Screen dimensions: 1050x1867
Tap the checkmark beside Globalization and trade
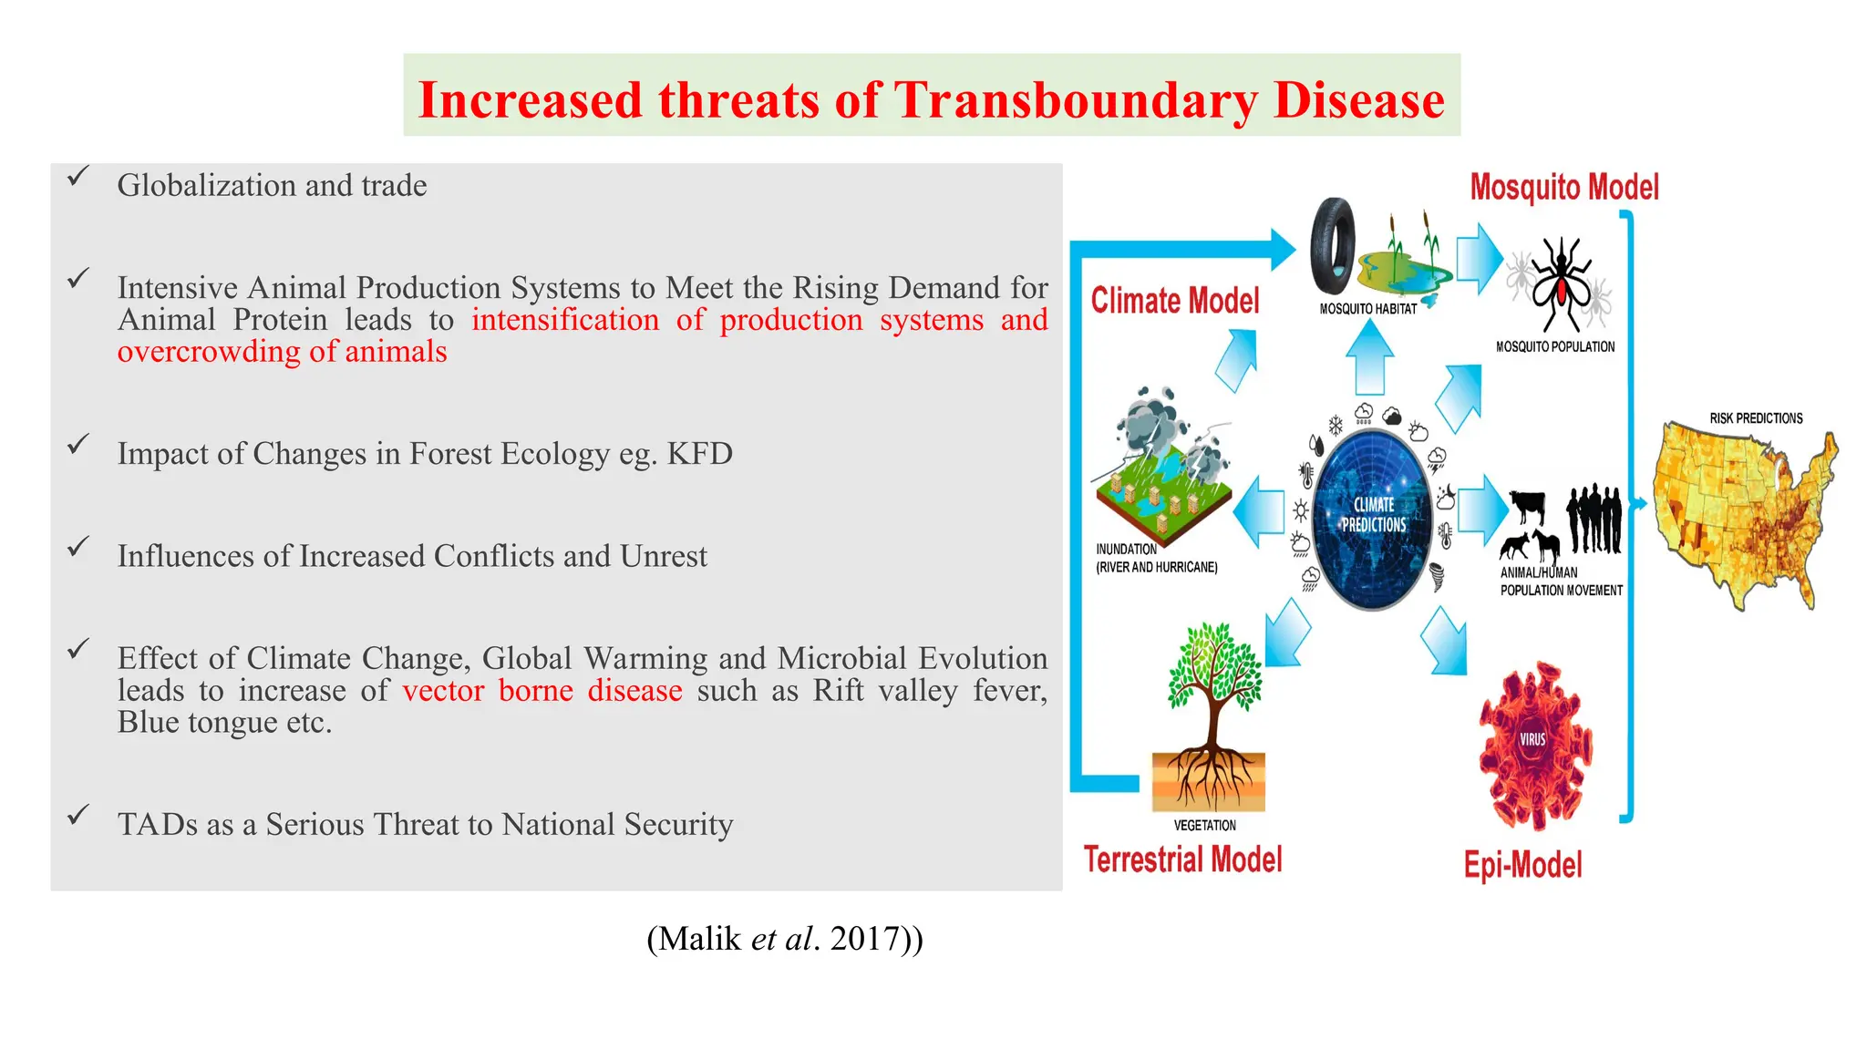click(78, 176)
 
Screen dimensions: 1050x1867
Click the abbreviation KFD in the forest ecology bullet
click(699, 454)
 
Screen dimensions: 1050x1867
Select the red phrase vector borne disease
click(542, 691)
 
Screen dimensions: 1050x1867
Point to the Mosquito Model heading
click(1563, 188)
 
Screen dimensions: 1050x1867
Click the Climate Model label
click(1174, 301)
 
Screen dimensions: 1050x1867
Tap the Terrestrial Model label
click(1182, 860)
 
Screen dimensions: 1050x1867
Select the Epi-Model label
click(1522, 864)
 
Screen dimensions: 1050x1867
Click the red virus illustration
click(1534, 743)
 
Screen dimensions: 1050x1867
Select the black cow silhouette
click(1529, 506)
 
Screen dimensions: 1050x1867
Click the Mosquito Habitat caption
click(1367, 309)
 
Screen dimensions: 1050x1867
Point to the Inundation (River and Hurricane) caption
click(1156, 558)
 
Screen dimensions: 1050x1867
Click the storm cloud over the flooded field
click(1153, 419)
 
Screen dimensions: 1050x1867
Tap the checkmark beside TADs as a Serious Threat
click(78, 814)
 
